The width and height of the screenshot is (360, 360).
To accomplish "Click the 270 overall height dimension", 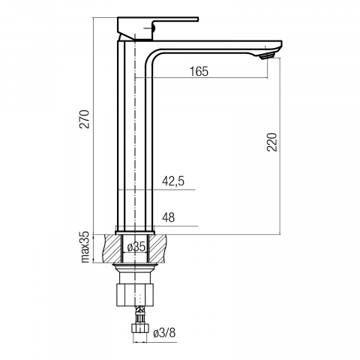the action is pos(84,119).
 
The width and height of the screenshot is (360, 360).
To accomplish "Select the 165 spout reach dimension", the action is pos(199,71).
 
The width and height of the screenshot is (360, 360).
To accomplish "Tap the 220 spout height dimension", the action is pos(272,142).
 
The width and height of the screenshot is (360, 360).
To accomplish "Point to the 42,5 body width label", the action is pos(173,181).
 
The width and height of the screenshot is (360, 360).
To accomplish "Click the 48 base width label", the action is pos(169,217).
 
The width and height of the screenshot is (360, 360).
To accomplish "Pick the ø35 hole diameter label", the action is pos(136,247).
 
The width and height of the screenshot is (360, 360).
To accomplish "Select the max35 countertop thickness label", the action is pos(85,247).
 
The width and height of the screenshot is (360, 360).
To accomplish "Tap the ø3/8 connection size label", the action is pos(164,333).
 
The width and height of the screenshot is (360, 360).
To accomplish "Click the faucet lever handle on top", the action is pos(157,28).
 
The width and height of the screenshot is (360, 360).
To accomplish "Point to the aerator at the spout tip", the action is pos(268,56).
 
